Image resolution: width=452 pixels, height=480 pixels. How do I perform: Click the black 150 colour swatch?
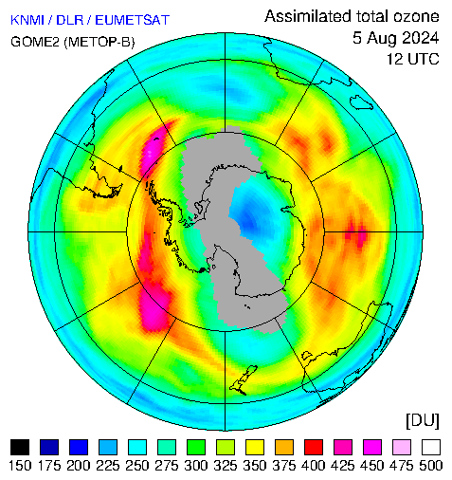click(x=20, y=447)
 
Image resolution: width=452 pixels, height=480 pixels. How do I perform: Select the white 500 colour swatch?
click(x=431, y=447)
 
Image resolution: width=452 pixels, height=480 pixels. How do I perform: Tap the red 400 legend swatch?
click(x=314, y=447)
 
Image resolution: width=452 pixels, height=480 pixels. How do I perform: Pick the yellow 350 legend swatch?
click(x=255, y=447)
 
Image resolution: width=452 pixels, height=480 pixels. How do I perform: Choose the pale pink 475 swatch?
click(x=402, y=447)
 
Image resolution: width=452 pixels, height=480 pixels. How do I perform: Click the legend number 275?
click(x=167, y=466)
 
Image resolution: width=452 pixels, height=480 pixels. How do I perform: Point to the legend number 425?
click(x=343, y=466)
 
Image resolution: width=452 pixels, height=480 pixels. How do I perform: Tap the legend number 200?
click(x=79, y=466)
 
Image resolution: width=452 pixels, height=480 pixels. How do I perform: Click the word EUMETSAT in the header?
click(x=133, y=20)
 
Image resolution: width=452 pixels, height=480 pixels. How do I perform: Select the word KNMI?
click(x=27, y=20)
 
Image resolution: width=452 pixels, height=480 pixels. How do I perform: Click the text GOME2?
click(x=35, y=42)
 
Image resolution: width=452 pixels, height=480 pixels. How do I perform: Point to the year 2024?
click(x=419, y=38)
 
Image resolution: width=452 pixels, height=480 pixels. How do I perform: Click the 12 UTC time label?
click(x=413, y=59)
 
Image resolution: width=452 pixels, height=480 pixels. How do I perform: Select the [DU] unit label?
click(x=423, y=420)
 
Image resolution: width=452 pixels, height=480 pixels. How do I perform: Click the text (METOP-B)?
click(x=99, y=42)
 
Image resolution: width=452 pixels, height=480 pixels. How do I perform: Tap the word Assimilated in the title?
click(x=308, y=16)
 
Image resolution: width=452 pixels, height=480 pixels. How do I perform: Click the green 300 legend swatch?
click(x=196, y=447)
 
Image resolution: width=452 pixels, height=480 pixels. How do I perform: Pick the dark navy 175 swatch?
click(x=49, y=447)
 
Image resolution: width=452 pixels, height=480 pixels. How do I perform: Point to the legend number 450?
click(x=372, y=466)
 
